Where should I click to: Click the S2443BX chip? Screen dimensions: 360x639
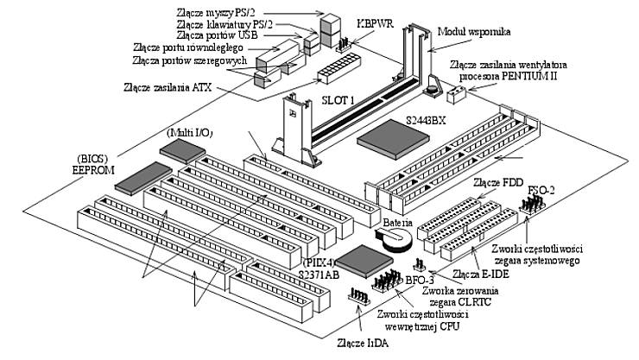394,141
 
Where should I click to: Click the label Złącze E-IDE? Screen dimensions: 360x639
478,275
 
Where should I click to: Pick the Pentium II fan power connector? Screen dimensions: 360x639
454,92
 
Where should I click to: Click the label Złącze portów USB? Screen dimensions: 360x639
226,35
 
